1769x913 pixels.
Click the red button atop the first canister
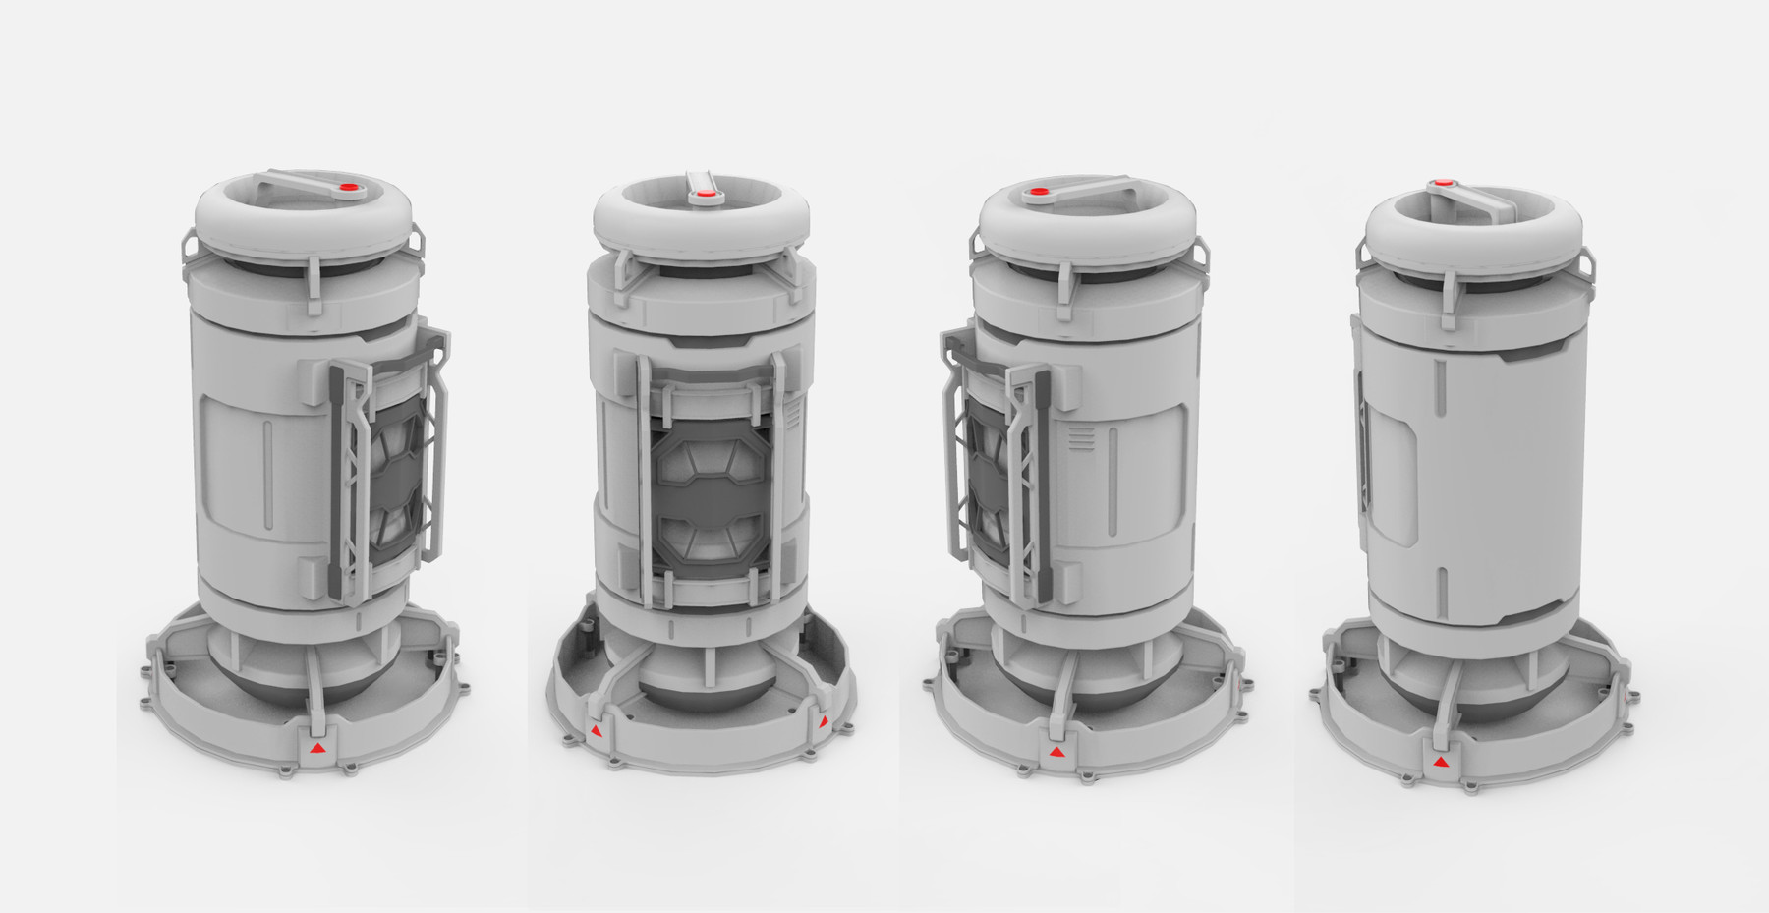347,190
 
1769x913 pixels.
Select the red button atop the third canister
1038,193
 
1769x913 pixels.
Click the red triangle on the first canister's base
315,750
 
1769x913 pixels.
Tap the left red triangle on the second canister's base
596,731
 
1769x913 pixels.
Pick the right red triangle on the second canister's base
823,722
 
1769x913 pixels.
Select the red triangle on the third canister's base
1056,752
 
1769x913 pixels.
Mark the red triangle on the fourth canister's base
1439,762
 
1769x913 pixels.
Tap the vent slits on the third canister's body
1081,438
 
